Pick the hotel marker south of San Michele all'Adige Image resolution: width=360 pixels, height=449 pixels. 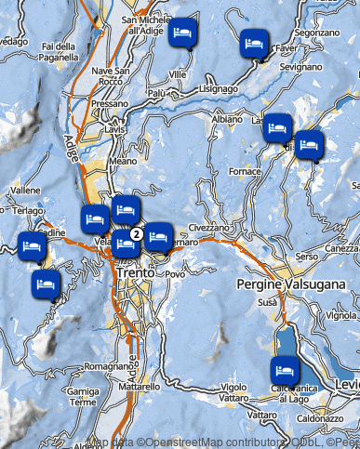183,33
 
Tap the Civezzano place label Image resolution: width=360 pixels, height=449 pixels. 208,227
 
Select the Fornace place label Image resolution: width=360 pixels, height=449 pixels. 246,172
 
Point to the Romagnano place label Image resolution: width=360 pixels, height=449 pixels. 101,366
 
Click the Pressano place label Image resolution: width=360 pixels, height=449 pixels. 111,104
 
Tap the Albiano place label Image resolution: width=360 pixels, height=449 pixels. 227,120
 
